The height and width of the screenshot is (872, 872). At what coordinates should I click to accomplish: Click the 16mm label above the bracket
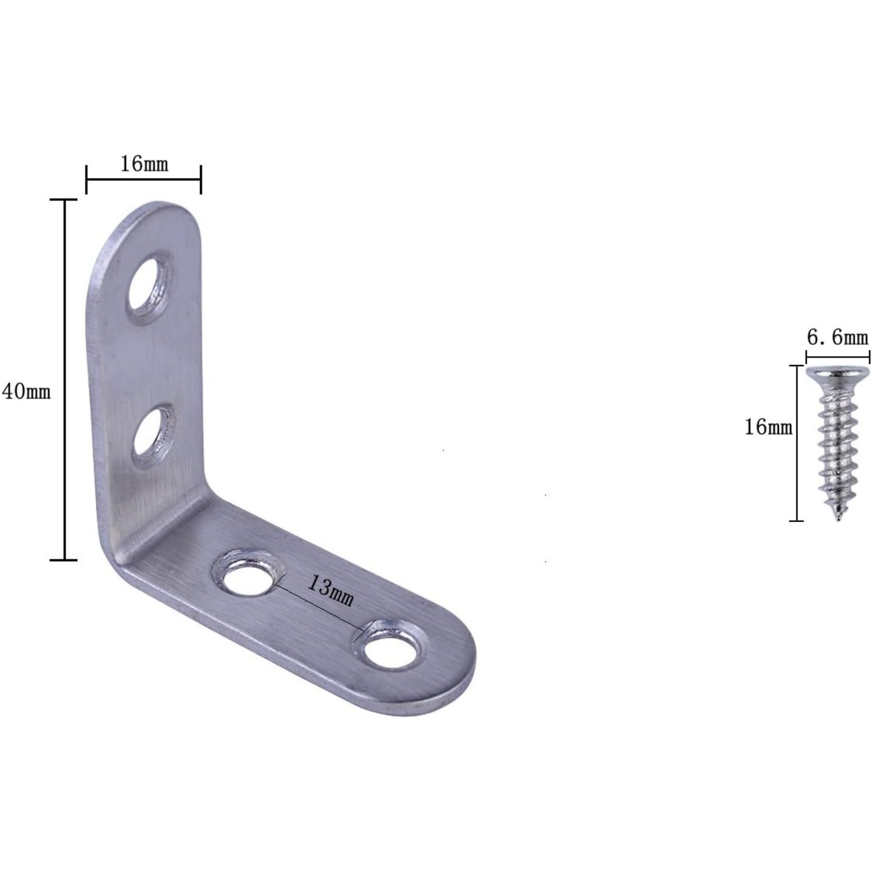144,164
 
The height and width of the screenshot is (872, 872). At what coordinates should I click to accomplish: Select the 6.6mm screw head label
838,337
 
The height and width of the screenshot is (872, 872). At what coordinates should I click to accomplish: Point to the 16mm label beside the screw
768,427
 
